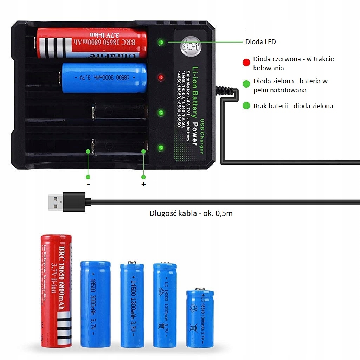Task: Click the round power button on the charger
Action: [x=190, y=47]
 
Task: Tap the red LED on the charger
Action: [x=161, y=77]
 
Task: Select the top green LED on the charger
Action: [x=161, y=43]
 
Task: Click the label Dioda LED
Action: [x=261, y=42]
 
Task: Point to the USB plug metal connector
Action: [x=56, y=202]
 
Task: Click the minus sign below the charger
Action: [x=88, y=184]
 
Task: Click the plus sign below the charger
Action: [x=143, y=184]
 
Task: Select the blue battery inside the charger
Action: [x=104, y=78]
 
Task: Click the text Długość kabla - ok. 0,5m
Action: [x=191, y=213]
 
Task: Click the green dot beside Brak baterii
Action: [x=246, y=106]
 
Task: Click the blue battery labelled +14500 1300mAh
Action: [x=132, y=304]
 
